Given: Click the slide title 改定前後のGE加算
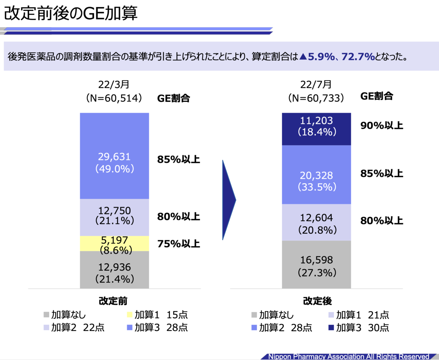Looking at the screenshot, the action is click(71, 13).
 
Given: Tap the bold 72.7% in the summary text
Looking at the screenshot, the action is click(358, 57).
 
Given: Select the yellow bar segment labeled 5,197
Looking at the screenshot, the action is click(115, 244).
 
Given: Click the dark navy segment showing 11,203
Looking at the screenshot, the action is click(316, 129).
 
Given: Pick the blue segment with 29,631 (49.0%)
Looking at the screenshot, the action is click(115, 156).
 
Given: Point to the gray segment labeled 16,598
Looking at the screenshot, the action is click(316, 264).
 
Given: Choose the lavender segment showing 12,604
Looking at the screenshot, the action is click(316, 223).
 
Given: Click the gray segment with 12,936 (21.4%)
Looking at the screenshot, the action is click(115, 270).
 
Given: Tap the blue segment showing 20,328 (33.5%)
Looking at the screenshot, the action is click(316, 175).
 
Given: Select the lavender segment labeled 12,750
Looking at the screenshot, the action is click(115, 218).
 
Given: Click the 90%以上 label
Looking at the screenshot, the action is click(382, 125).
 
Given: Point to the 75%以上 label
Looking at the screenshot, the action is click(179, 244).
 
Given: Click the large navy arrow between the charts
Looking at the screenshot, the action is click(229, 200).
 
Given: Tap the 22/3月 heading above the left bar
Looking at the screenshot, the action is click(114, 85).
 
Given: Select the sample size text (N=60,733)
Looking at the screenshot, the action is click(316, 98).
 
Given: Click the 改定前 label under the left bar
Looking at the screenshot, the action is click(113, 301).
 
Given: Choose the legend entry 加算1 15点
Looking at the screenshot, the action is click(157, 315).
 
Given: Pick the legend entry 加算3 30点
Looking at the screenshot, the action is click(359, 328).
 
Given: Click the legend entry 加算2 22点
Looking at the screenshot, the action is click(74, 327).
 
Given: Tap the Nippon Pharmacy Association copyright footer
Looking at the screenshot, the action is click(349, 356).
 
